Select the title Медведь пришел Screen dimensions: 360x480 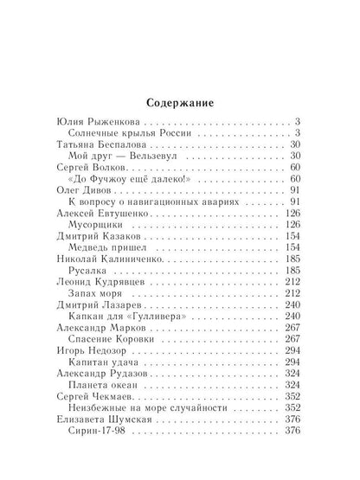[118, 246]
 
